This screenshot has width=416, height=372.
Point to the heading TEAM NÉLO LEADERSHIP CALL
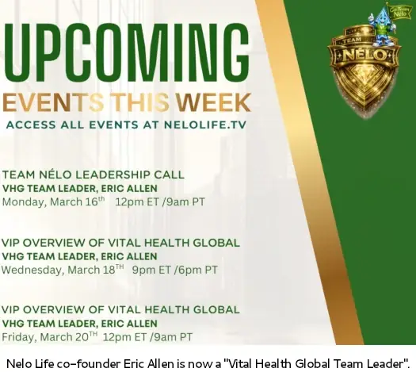click(x=93, y=174)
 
